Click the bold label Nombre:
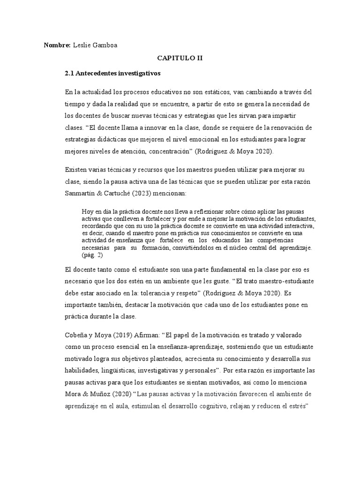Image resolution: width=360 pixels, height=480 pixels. coord(57,45)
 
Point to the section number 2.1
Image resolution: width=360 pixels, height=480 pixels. coord(69,74)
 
